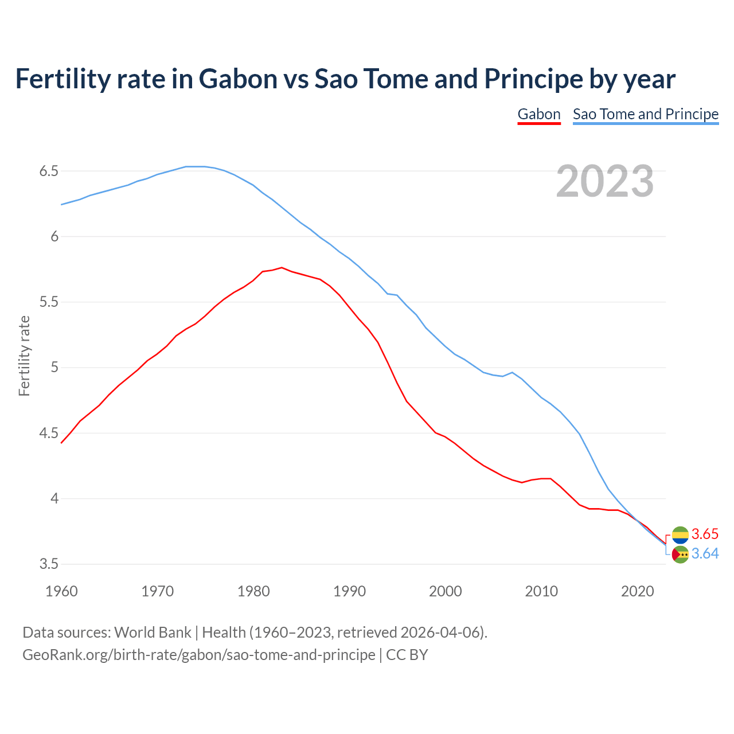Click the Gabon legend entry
[538, 114]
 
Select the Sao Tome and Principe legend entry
[645, 114]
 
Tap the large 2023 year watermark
[604, 181]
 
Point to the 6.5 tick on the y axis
[49, 171]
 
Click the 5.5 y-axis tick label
[49, 302]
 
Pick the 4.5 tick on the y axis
[49, 434]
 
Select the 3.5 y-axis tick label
[49, 564]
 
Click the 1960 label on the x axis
[61, 591]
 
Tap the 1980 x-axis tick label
[253, 591]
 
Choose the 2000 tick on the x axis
[446, 591]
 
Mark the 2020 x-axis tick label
[637, 591]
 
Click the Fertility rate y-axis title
[24, 356]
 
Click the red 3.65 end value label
[705, 534]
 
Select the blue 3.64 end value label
[705, 554]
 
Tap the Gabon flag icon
[680, 535]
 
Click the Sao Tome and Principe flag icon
[680, 555]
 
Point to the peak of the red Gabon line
[282, 267]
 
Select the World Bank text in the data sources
[153, 633]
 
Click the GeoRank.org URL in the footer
[198, 655]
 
